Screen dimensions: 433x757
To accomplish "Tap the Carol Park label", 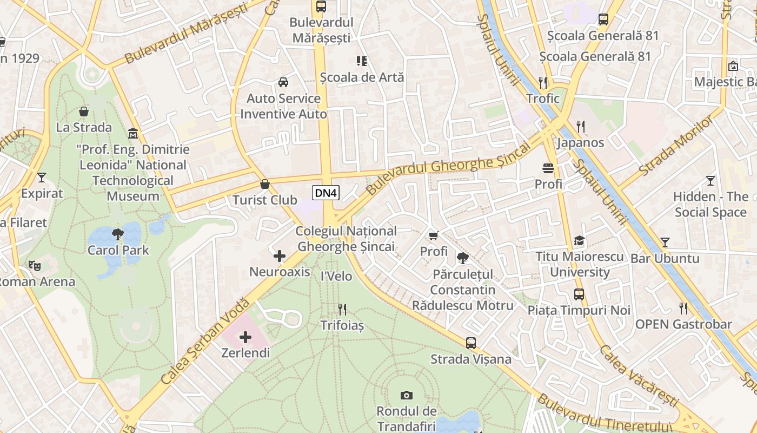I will point(118,251).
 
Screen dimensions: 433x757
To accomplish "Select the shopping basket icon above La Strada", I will point(84,111).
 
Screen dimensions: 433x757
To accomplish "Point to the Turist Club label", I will point(264,200).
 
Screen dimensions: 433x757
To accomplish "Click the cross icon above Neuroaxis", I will point(280,256).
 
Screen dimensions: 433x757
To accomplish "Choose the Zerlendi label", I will point(245,353).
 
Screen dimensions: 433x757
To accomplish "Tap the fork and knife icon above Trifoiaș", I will point(342,309).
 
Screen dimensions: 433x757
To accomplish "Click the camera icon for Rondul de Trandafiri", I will point(406,395).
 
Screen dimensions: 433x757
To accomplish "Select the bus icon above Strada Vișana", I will point(471,343).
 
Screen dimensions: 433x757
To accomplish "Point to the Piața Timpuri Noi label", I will point(579,311).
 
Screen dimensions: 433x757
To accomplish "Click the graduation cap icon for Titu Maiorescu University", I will point(579,241).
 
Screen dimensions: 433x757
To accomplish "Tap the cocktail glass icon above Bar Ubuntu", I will point(665,242).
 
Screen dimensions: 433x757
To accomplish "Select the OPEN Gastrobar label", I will point(683,325).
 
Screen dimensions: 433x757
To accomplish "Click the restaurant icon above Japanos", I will point(581,127).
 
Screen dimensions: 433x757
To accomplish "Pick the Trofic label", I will point(543,99).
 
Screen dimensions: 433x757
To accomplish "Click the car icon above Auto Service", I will point(283,82).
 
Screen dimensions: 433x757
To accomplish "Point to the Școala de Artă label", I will point(362,77).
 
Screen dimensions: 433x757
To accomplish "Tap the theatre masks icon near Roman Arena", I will point(35,265).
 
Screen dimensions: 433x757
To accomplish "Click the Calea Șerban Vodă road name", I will point(205,342).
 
